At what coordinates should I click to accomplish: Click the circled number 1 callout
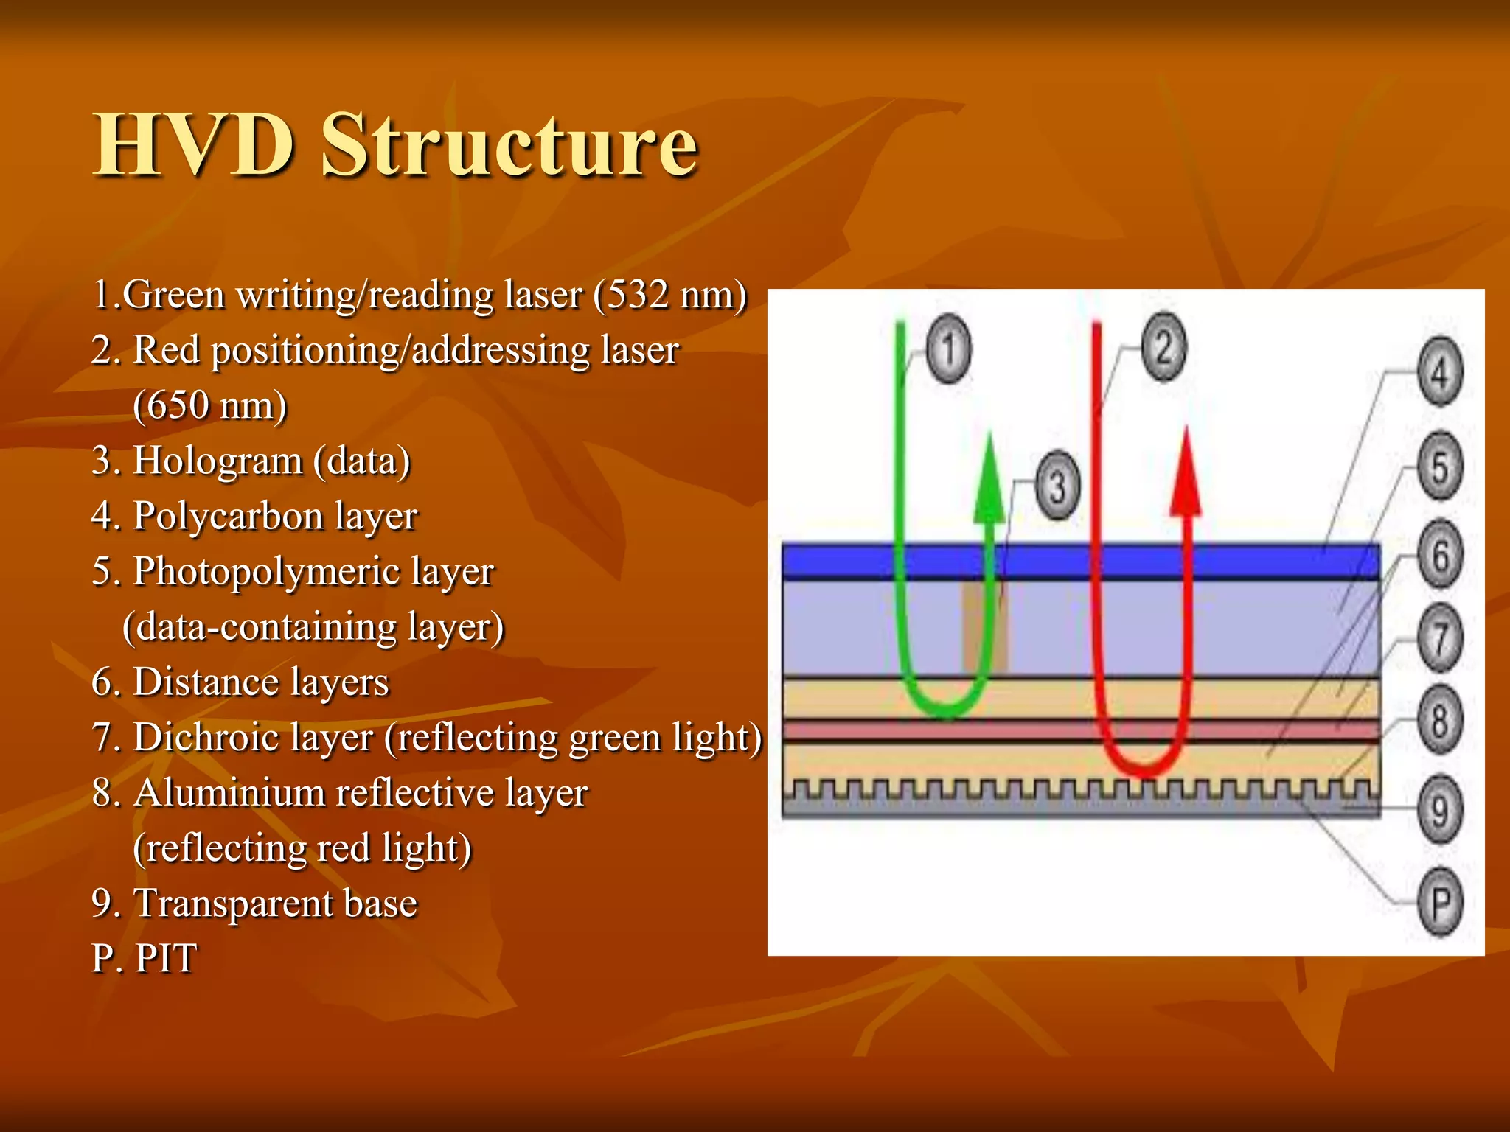(x=948, y=349)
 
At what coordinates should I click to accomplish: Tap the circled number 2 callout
(x=1163, y=347)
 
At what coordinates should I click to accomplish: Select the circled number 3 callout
(x=1058, y=486)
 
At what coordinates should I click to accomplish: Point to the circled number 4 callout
(x=1440, y=372)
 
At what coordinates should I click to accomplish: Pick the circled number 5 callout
(x=1440, y=466)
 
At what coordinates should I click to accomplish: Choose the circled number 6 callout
(x=1440, y=554)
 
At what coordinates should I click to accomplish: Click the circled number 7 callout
(x=1440, y=637)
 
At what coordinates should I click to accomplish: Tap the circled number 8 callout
(x=1440, y=720)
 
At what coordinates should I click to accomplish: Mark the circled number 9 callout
(x=1440, y=810)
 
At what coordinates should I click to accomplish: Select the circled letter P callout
(x=1440, y=902)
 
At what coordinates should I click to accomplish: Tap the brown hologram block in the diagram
(x=984, y=627)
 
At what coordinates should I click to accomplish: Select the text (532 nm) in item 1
(x=671, y=295)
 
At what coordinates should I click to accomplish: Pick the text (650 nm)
(x=210, y=405)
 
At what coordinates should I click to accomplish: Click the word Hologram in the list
(x=218, y=461)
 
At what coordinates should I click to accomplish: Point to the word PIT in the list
(x=167, y=959)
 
